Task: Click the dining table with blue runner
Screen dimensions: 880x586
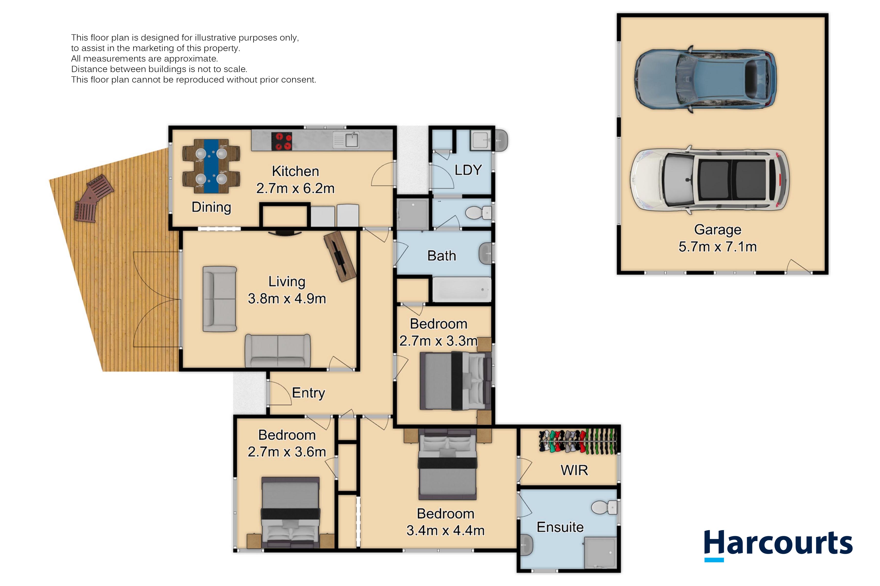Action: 211,166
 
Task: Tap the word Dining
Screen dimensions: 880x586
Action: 211,207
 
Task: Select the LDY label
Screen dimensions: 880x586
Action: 468,170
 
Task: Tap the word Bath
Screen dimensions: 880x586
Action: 441,256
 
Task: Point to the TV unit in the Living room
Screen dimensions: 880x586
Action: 340,256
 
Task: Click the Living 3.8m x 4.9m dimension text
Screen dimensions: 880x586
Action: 287,290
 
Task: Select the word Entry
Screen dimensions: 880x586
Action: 309,393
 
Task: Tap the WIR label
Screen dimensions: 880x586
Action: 574,470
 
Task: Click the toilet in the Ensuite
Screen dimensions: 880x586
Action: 604,508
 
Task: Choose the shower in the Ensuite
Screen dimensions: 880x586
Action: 600,552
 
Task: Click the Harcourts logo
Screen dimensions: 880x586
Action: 778,545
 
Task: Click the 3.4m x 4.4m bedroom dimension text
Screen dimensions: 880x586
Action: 445,530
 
